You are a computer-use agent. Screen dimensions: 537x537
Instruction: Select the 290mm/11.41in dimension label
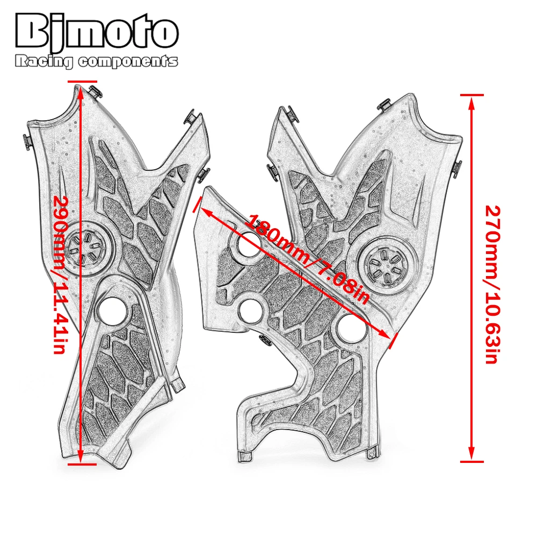point(65,274)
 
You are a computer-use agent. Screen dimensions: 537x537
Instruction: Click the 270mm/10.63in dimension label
point(491,285)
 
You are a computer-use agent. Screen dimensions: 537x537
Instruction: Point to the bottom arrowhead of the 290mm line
point(81,458)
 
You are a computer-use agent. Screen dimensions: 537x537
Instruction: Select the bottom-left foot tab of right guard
point(244,456)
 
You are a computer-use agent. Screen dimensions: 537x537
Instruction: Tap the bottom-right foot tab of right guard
point(372,453)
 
